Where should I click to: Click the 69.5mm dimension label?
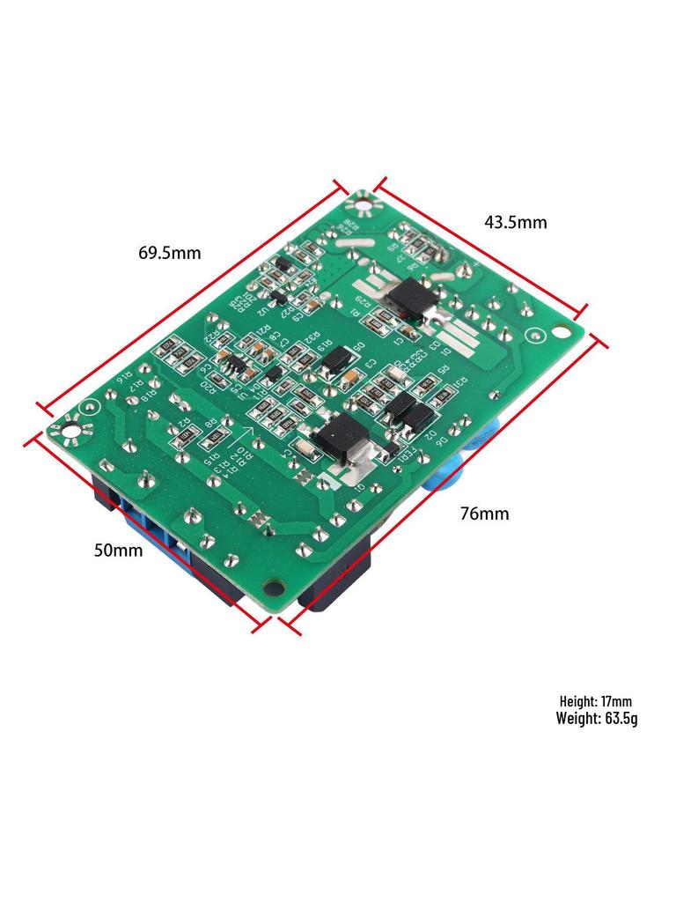point(169,254)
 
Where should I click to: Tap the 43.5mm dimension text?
point(515,222)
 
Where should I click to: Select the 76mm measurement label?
point(484,514)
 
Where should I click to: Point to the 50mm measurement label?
point(118,551)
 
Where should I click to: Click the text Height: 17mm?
point(595,702)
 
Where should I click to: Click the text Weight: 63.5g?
point(596,718)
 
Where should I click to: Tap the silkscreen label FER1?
point(409,458)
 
